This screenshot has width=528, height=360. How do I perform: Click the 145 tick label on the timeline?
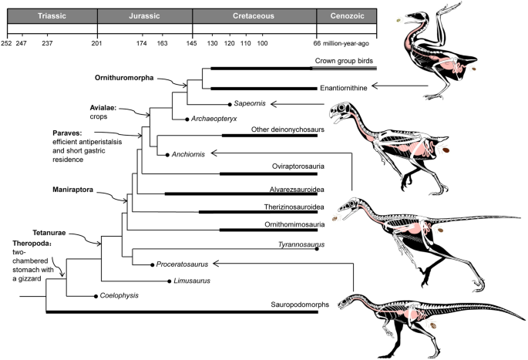pos(192,42)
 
